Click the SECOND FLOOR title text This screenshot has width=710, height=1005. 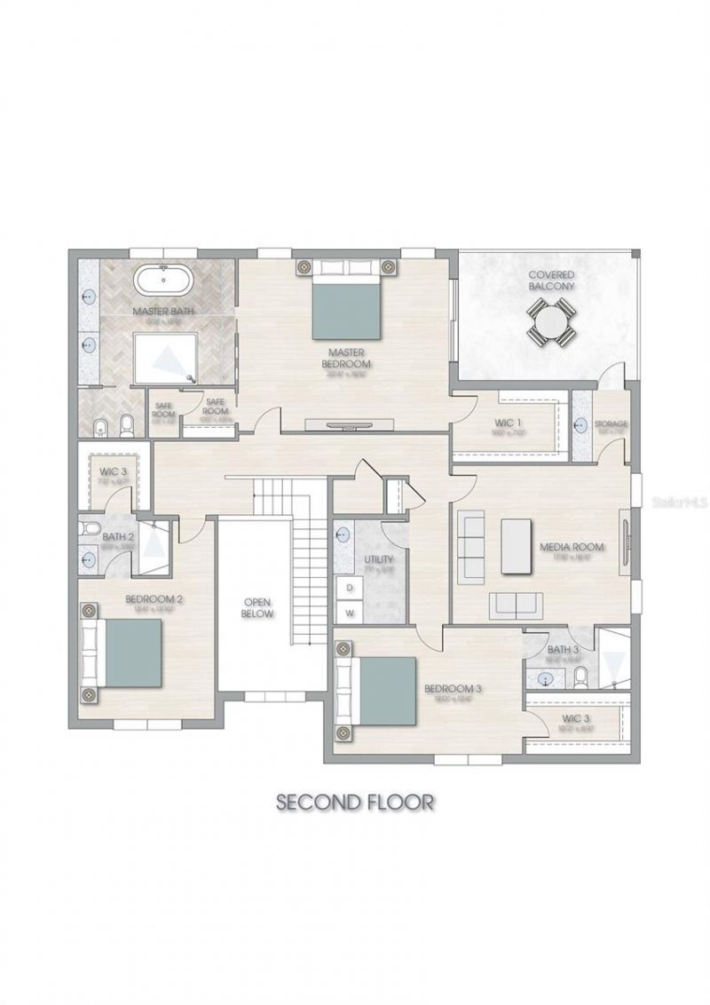355,802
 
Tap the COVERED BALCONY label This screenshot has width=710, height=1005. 551,281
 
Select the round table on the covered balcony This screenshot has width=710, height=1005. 551,322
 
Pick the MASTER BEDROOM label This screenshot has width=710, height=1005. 347,357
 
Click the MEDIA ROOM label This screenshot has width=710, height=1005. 572,547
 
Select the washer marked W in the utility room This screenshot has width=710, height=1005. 350,613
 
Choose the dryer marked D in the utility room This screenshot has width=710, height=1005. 350,588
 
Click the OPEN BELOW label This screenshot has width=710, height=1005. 258,607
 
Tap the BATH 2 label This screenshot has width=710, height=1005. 117,536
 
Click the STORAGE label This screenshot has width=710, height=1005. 611,423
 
